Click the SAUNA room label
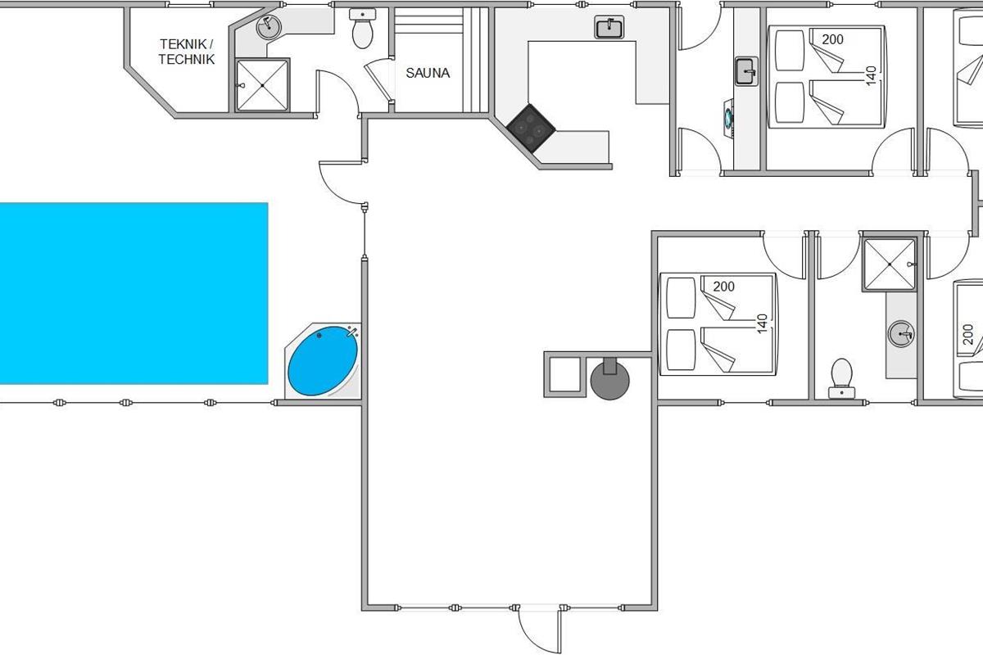coord(428,73)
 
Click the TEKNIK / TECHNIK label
coord(187,52)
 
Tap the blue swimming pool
coord(134,293)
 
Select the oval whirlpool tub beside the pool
coord(323,360)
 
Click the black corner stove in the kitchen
coord(531,128)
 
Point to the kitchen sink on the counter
coord(609,27)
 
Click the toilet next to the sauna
coord(362,29)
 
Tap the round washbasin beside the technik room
coord(269,27)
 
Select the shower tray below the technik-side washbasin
coord(262,85)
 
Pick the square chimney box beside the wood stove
coord(565,374)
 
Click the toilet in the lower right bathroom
coord(842,378)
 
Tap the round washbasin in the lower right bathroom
coord(901,334)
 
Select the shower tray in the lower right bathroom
coord(890,264)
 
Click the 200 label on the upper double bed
coord(832,39)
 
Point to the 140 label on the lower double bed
coord(763,323)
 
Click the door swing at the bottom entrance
coord(540,629)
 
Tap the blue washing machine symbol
coord(728,118)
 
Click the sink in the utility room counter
coord(747,71)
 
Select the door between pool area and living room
coord(342,183)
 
